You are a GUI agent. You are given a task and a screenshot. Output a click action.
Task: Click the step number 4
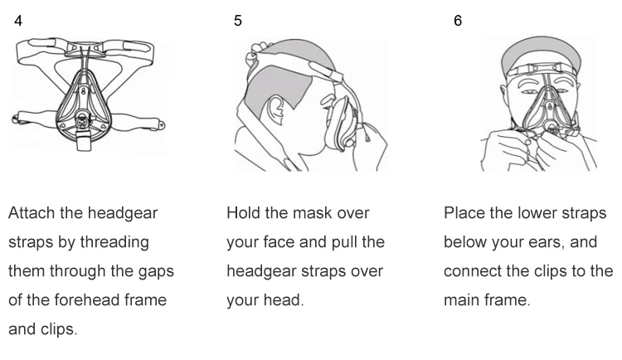(18, 21)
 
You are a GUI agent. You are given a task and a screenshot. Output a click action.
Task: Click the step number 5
(238, 21)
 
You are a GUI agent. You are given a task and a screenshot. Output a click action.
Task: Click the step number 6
(458, 21)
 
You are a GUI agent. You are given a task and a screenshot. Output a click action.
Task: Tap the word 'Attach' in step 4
(32, 213)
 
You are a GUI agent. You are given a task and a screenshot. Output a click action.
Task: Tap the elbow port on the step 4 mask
(83, 121)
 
